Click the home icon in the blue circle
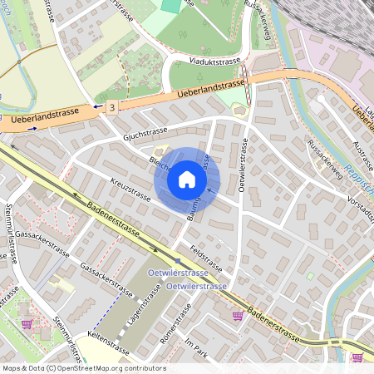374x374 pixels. pos(187,180)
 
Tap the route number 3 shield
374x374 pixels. pos(111,106)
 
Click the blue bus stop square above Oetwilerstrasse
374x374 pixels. pos(176,261)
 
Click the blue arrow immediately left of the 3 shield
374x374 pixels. pos(98,106)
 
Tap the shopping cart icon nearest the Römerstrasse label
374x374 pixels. pos(238,315)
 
